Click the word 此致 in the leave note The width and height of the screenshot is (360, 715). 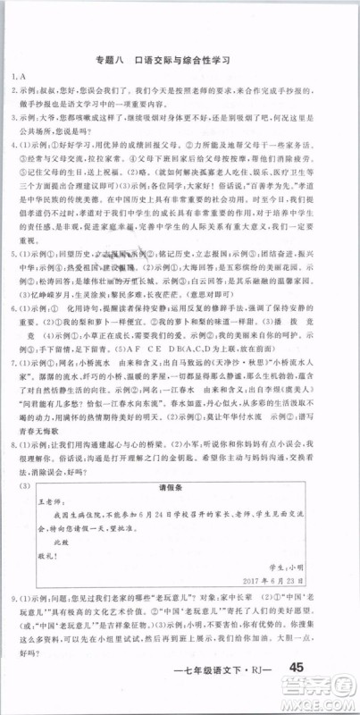tap(61, 542)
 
